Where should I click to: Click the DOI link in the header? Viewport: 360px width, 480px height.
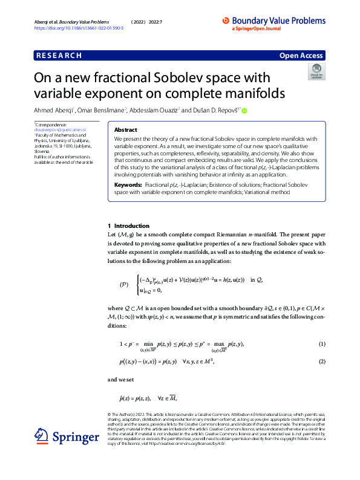point(79,28)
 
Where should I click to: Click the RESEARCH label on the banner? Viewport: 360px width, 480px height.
point(59,56)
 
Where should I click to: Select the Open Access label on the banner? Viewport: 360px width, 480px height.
point(301,56)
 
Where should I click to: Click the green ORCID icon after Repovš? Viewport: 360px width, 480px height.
point(245,110)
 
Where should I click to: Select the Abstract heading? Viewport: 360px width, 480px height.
point(125,129)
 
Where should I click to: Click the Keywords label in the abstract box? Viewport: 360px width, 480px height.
point(128,167)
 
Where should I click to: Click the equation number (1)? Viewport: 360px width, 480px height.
point(322,344)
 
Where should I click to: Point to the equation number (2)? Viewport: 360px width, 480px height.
point(322,361)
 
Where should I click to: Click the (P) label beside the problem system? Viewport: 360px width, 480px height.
point(125,284)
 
